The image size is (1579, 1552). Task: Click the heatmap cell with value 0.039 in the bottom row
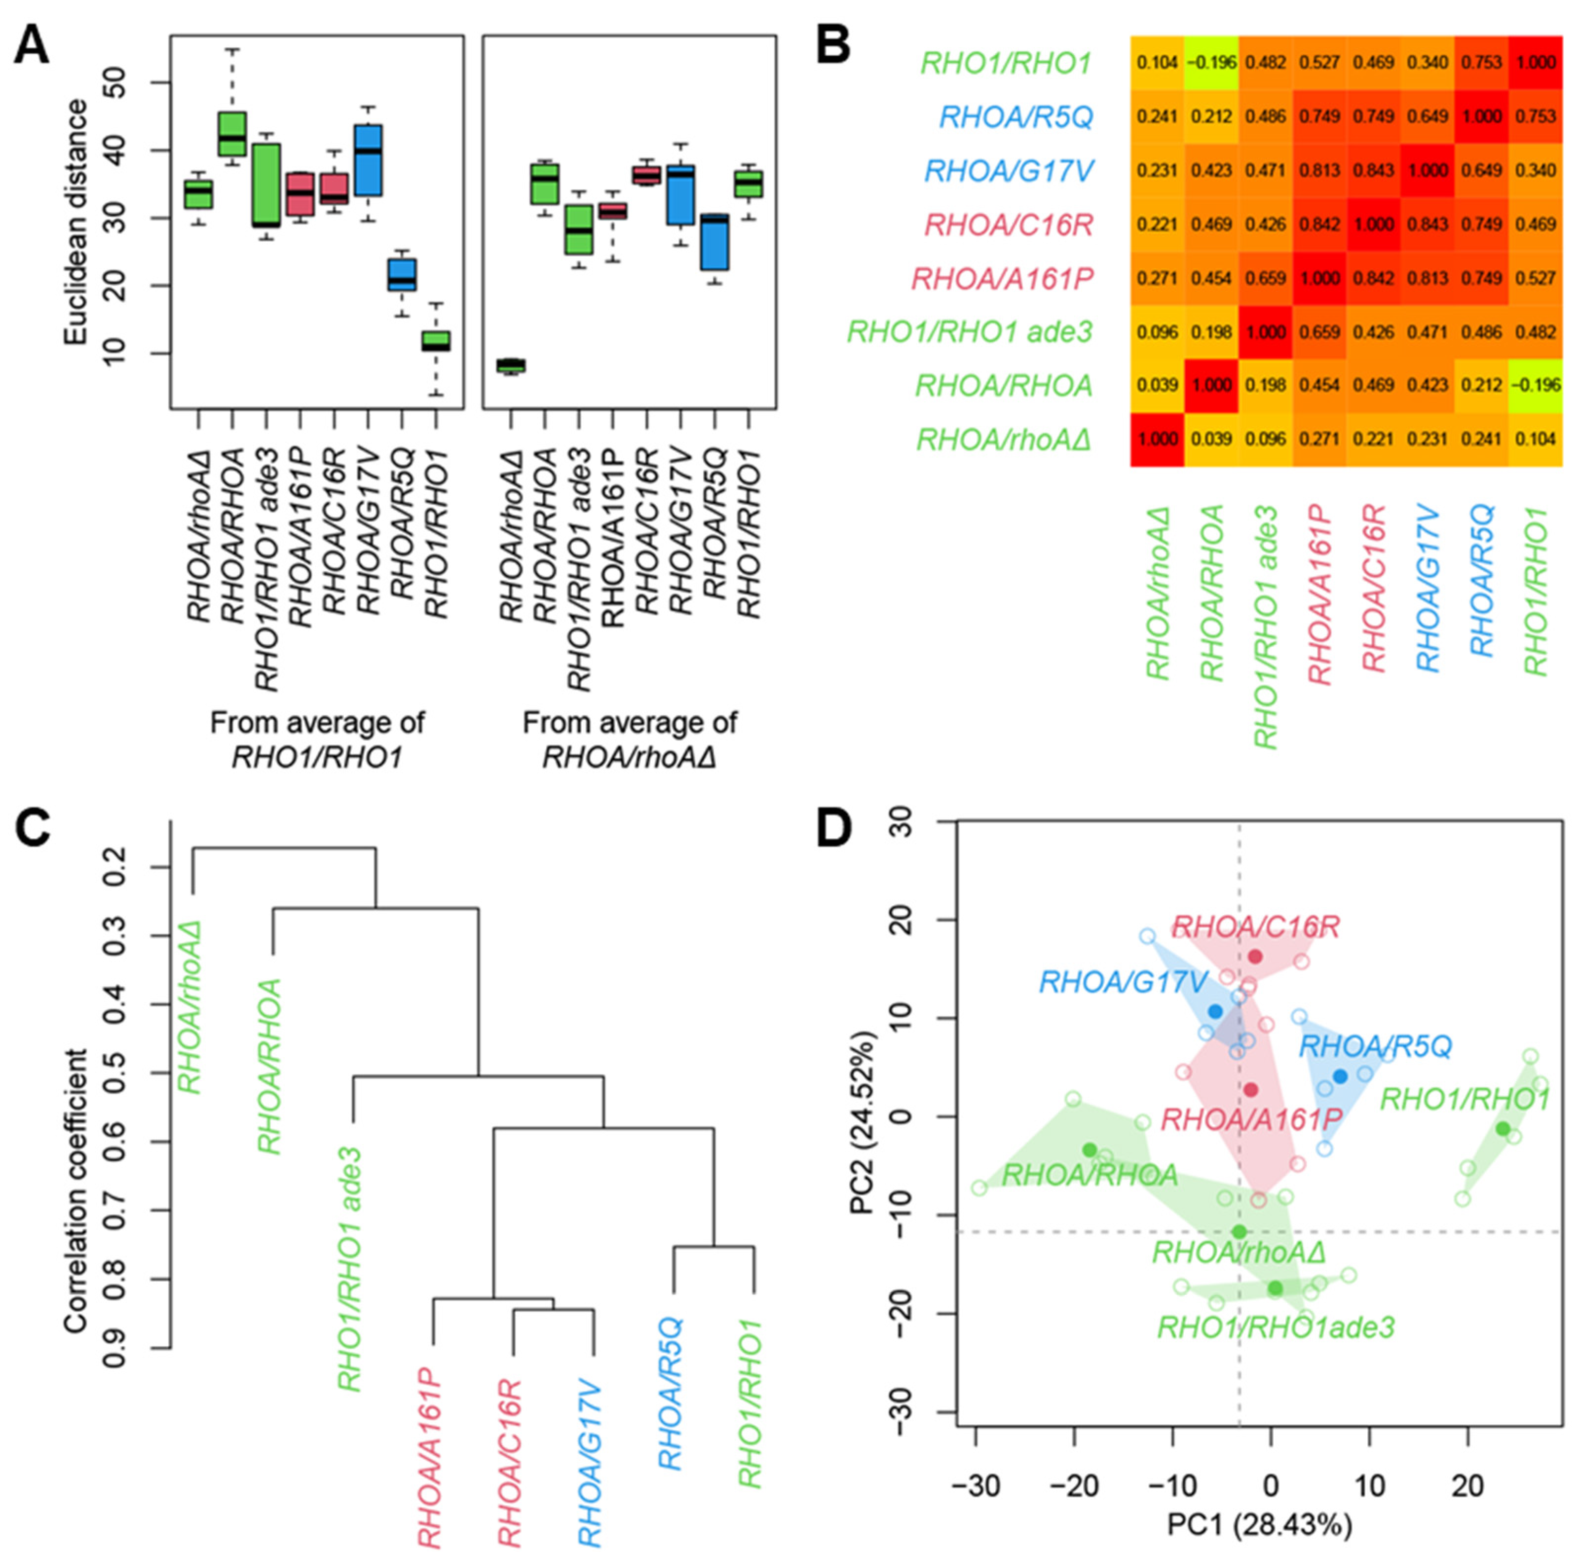(x=1210, y=440)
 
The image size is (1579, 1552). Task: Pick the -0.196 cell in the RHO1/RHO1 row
(x=1210, y=63)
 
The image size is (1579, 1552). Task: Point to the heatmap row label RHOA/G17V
(x=1009, y=171)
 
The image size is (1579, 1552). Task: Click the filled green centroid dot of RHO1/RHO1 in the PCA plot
(x=1502, y=1129)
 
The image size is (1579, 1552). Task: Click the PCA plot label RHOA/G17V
(x=1111, y=981)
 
